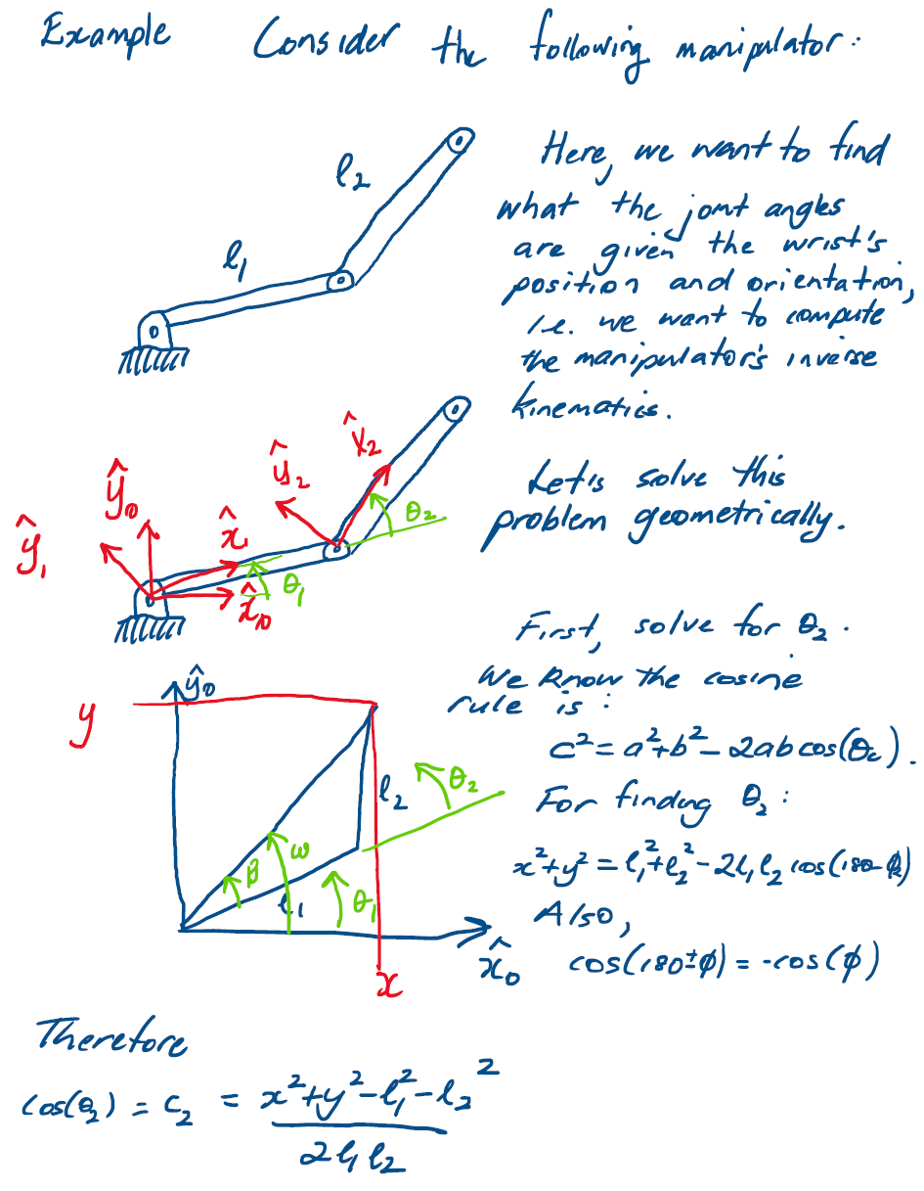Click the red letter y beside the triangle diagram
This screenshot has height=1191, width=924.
(86, 726)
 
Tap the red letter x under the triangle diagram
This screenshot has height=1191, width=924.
(389, 983)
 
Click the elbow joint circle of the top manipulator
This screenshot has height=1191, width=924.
(340, 281)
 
